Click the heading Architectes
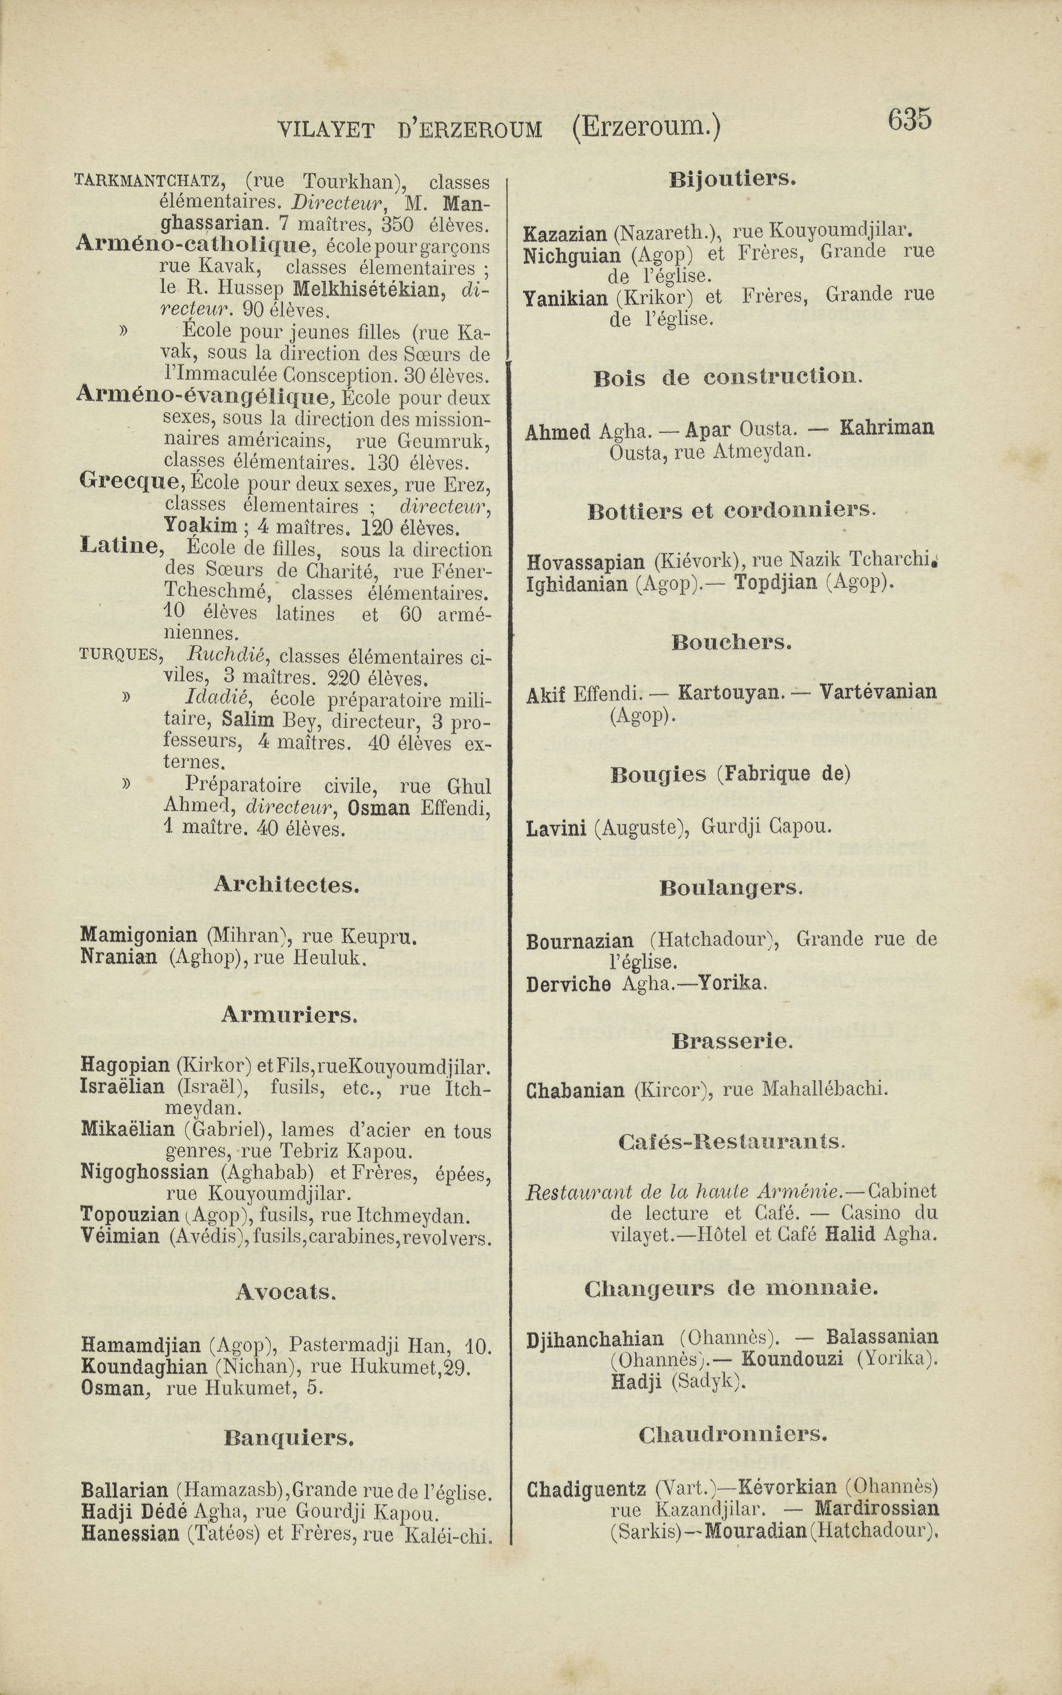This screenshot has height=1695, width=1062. pos(287,885)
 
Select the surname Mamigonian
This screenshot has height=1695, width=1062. pos(139,935)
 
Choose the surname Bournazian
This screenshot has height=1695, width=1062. pos(579,941)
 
